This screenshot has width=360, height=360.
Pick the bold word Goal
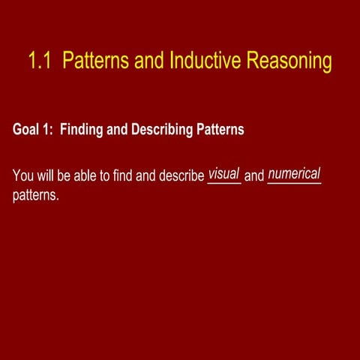pyautogui.click(x=26, y=130)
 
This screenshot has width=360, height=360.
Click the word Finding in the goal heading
pyautogui.click(x=82, y=130)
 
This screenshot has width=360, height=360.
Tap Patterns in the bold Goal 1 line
pyautogui.click(x=220, y=130)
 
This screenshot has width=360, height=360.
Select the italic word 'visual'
pyautogui.click(x=223, y=174)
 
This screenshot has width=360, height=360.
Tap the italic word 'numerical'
pyautogui.click(x=294, y=174)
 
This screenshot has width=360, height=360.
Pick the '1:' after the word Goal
pyautogui.click(x=49, y=130)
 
